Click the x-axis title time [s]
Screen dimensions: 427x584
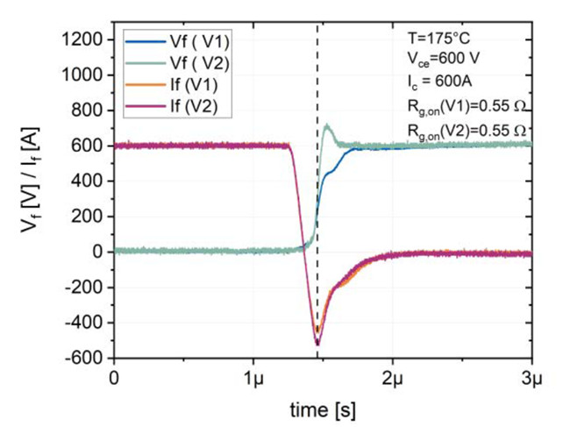(x=324, y=409)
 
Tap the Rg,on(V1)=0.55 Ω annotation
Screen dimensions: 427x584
(x=465, y=108)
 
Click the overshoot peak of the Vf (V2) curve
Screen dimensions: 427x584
(x=327, y=125)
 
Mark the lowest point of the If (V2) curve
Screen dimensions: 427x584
(x=317, y=345)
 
